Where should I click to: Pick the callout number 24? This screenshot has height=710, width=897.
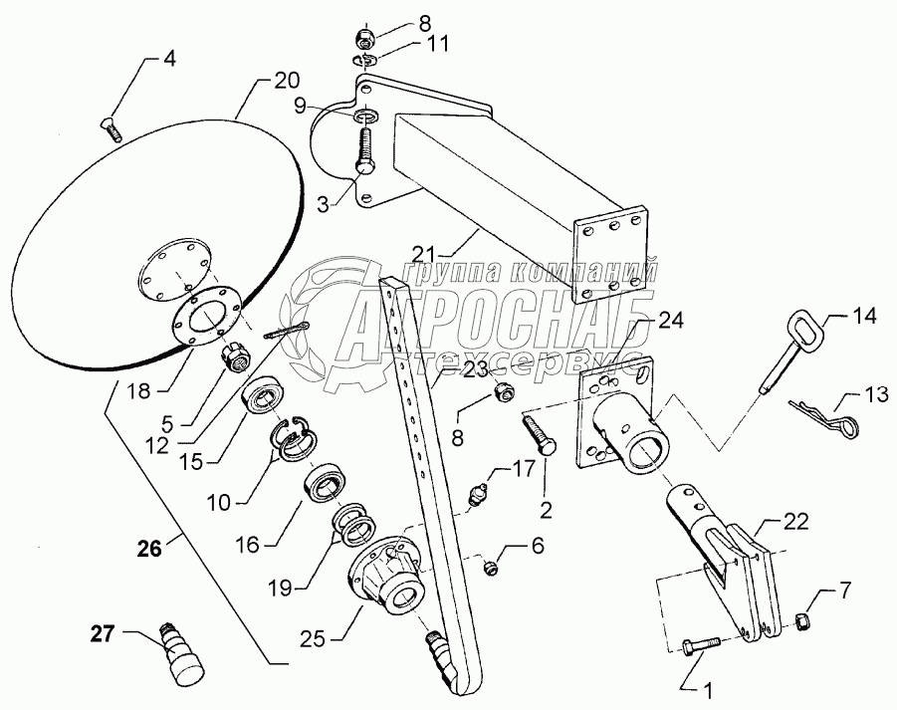click(x=670, y=322)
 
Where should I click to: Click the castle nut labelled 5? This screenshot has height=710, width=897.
click(x=235, y=356)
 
